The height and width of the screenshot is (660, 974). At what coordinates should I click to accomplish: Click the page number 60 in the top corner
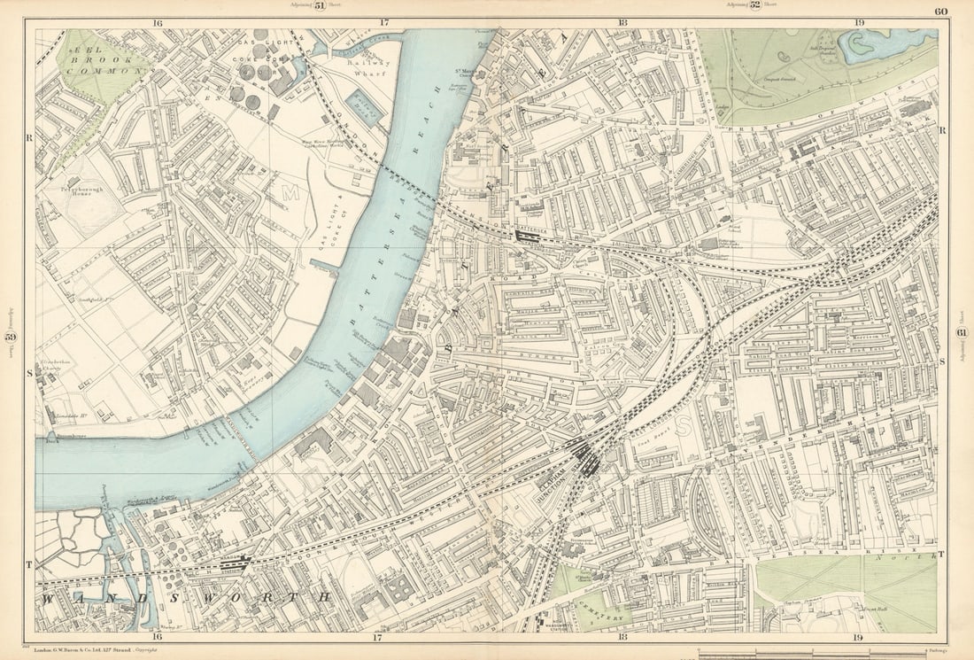tap(940, 12)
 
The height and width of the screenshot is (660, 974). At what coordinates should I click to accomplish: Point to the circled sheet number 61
tap(962, 332)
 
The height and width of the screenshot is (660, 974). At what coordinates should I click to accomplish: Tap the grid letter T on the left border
tap(28, 564)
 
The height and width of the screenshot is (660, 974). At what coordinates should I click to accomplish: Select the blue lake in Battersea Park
tap(885, 44)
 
